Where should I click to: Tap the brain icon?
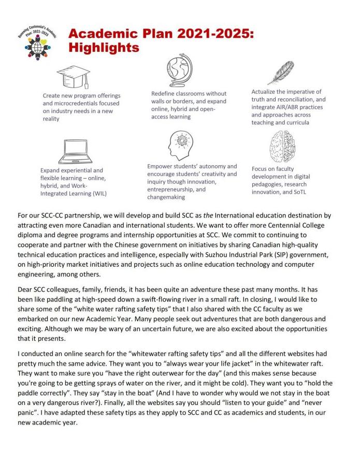click(282, 147)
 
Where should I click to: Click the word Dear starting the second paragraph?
click(26, 289)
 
